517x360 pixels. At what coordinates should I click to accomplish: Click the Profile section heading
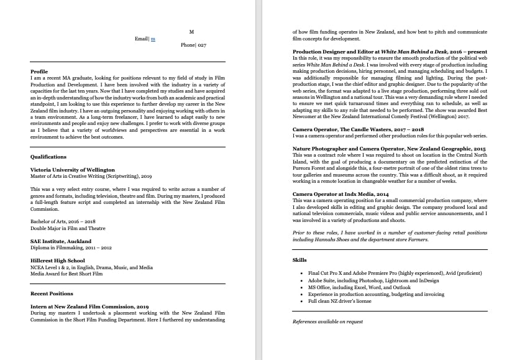[x=39, y=72]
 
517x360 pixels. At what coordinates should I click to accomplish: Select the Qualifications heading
[x=48, y=157]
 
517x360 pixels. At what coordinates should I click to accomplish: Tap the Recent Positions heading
[x=52, y=293]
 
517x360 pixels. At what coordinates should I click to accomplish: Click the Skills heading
[x=300, y=260]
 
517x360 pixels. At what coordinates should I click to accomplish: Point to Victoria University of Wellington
[x=72, y=170]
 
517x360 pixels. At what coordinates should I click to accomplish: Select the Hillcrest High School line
[x=58, y=261]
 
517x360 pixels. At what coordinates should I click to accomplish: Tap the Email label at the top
[x=142, y=39]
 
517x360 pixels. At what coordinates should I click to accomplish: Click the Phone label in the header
[x=188, y=45]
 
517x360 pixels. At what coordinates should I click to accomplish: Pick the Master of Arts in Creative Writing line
[x=91, y=176]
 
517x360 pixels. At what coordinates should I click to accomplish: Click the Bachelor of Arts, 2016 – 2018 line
[x=63, y=222]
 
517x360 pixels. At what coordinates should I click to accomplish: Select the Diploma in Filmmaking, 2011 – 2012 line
[x=71, y=247]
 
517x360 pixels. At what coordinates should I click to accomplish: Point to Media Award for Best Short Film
[x=66, y=274]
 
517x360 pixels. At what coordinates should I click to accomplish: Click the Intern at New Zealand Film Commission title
[x=89, y=307]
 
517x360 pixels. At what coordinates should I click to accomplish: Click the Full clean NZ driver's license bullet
[x=339, y=301]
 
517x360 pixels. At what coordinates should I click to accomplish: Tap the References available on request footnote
[x=327, y=321]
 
